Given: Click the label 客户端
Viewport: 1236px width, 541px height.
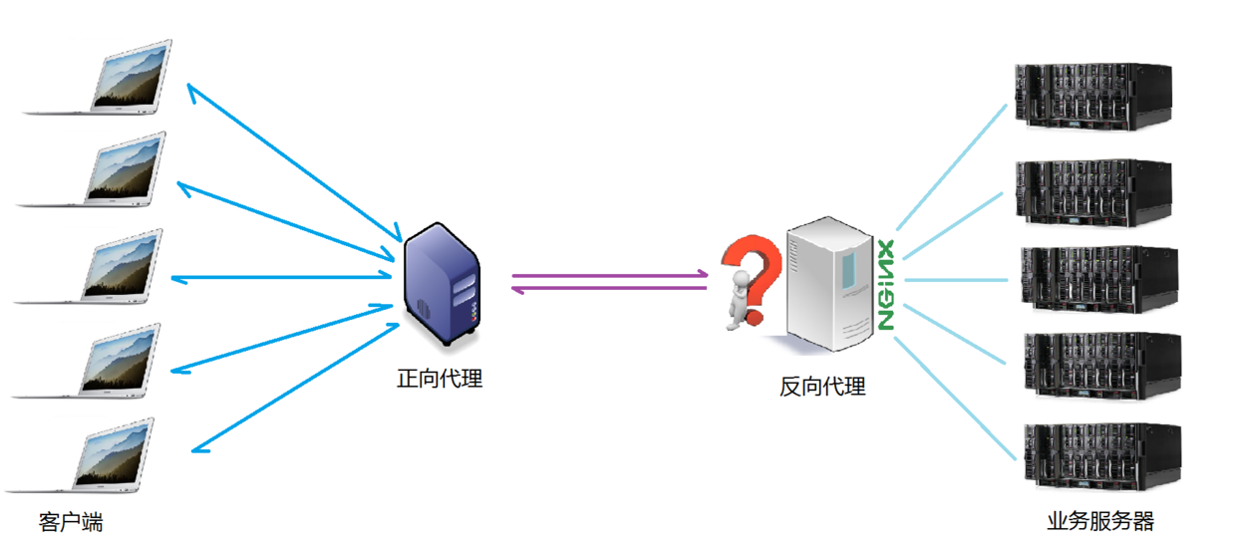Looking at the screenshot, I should [71, 522].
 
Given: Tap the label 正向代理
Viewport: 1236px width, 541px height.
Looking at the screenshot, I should [440, 379].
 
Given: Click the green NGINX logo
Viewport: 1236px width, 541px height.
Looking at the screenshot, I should [885, 285].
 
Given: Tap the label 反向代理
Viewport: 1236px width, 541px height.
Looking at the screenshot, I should [822, 387].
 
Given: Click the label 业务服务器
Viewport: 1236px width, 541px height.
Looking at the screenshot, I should [1099, 521].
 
